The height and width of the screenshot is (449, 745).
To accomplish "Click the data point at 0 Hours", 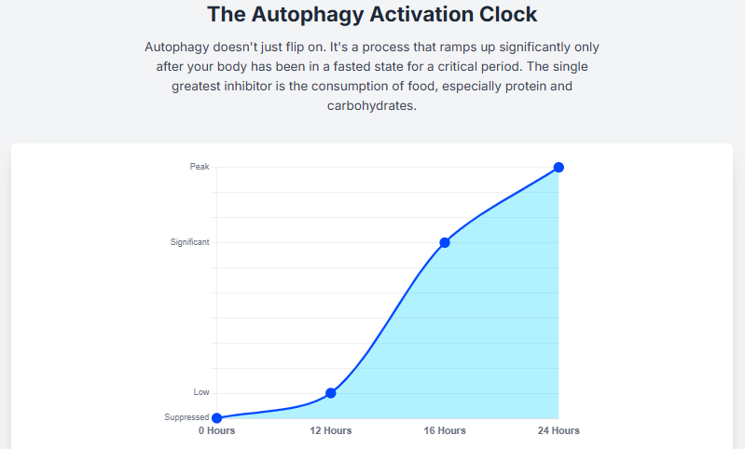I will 216,418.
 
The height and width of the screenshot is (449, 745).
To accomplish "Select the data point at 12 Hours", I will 330,393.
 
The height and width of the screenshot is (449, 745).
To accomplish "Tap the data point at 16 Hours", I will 445,242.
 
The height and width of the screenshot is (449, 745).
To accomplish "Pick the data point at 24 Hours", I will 559,168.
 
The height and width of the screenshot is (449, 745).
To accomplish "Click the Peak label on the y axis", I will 200,167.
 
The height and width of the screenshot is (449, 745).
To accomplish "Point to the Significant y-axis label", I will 190,242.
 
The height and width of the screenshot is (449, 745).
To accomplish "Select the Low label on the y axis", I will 201,392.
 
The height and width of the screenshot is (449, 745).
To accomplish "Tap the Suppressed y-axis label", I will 186,417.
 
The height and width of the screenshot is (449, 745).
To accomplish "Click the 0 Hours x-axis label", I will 216,430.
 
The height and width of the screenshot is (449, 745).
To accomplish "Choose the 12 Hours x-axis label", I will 330,430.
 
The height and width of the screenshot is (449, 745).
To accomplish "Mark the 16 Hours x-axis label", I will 445,430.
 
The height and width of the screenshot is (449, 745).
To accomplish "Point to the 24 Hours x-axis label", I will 559,430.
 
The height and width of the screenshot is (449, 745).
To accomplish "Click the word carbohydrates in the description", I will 371,106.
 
